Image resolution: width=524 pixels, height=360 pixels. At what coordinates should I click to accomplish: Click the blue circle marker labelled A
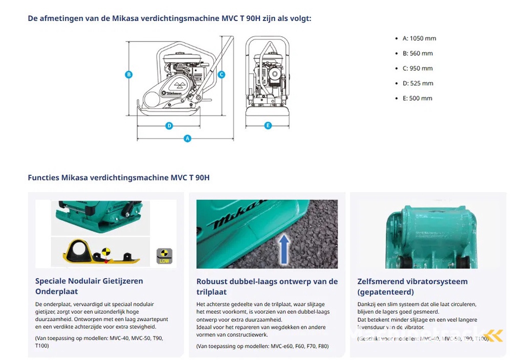tap(187, 138)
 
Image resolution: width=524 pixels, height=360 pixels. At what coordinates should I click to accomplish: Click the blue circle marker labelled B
tap(129, 75)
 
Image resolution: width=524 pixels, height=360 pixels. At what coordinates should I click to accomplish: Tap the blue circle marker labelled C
tap(221, 75)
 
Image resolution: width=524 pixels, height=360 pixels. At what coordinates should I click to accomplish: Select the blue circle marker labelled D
tap(169, 125)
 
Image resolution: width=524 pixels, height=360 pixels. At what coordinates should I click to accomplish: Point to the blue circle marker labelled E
tap(268, 125)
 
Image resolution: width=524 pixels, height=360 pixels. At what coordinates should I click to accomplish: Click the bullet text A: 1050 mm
tap(419, 38)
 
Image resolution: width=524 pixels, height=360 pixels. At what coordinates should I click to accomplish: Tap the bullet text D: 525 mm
tap(418, 83)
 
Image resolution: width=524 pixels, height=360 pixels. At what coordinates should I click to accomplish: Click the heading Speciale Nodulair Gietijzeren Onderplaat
tap(89, 286)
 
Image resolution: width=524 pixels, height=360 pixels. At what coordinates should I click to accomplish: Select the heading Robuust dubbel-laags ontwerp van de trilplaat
tap(267, 286)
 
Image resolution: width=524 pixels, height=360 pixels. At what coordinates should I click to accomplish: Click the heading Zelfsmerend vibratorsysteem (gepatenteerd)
tap(412, 286)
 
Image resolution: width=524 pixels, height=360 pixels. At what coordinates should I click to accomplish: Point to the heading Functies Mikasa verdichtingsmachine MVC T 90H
tap(119, 178)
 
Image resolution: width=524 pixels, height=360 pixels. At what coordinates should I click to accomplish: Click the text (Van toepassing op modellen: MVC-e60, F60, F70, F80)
tap(263, 346)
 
